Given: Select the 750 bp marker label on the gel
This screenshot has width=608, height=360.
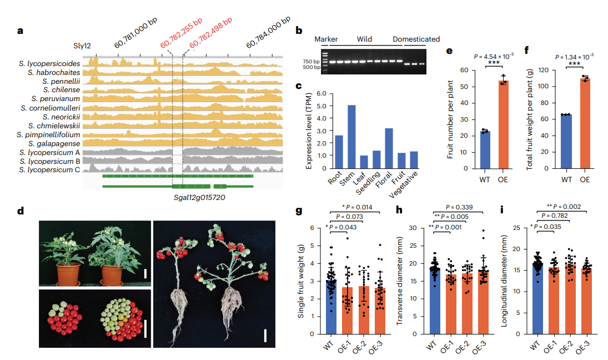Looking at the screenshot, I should (311, 61).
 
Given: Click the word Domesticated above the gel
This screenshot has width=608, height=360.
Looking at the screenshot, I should (416, 39).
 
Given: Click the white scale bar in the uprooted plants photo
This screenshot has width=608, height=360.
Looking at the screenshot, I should (265, 335).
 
